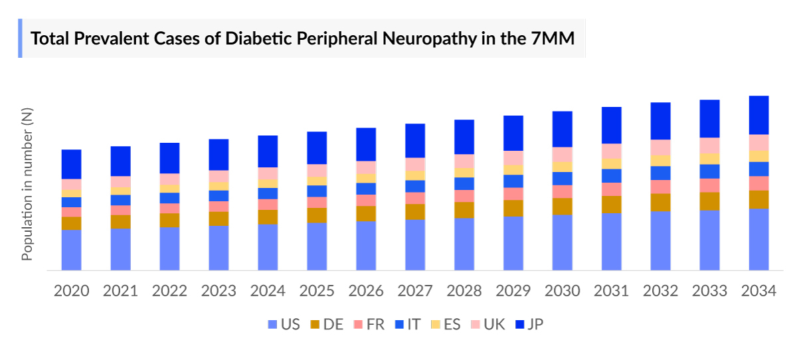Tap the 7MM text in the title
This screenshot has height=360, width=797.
click(x=553, y=38)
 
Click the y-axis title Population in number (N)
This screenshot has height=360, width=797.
click(x=27, y=185)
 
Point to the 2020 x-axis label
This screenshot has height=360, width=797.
click(x=71, y=291)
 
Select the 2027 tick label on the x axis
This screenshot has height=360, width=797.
click(x=415, y=291)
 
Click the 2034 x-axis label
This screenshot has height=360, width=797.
click(x=758, y=291)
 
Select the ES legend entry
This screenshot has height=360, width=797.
click(x=445, y=325)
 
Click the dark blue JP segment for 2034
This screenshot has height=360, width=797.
click(x=758, y=115)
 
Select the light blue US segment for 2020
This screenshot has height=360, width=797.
click(x=71, y=250)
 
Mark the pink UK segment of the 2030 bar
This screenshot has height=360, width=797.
click(x=563, y=154)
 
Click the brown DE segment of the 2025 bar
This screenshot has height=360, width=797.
click(x=317, y=215)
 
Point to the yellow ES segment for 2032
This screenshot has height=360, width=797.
click(x=660, y=160)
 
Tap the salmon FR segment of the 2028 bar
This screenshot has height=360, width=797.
click(x=464, y=196)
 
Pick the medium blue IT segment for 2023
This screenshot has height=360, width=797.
click(x=219, y=196)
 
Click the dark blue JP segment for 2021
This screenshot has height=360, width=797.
click(x=120, y=161)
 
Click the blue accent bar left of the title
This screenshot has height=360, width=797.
click(x=20, y=38)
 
